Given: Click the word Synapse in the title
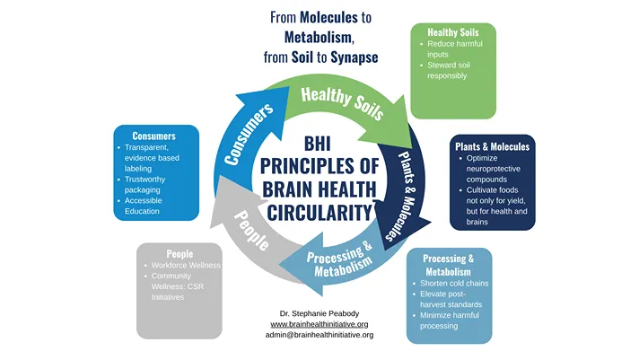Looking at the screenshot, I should coord(352,57).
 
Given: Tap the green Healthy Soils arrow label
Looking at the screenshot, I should coord(342,102).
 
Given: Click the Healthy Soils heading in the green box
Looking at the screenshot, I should coord(452,32).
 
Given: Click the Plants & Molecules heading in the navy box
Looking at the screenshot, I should coord(493,146).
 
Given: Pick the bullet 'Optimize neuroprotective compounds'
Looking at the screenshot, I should coord(498,169).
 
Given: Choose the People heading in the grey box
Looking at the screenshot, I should coord(179,254).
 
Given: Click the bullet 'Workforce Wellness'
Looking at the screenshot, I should coord(186,266).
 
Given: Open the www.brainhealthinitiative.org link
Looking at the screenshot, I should coord(319,323).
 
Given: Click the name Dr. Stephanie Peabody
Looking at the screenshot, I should coord(319,312).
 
